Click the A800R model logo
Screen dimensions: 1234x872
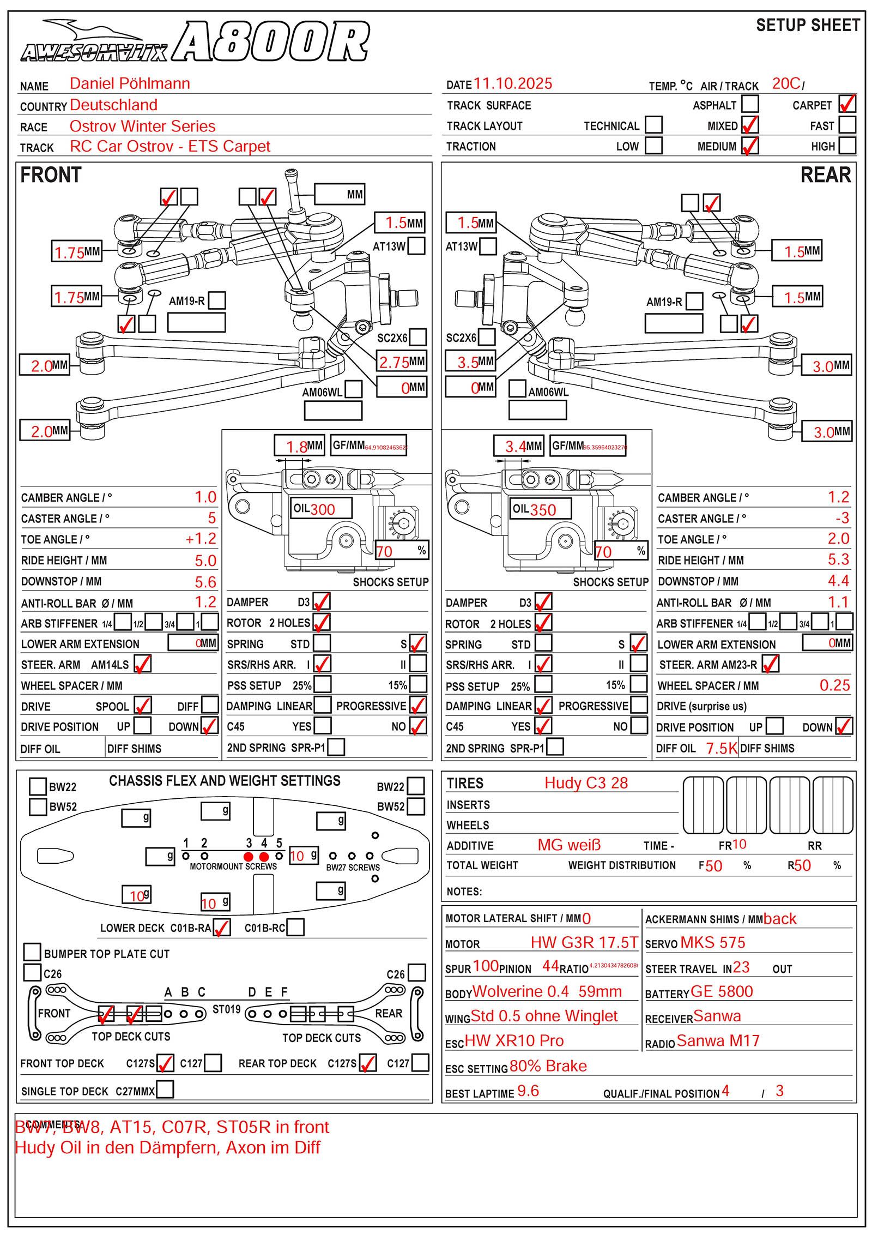(271, 41)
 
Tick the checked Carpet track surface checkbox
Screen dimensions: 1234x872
(847, 104)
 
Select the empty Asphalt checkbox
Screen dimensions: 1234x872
(750, 104)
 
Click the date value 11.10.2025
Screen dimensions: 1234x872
(512, 84)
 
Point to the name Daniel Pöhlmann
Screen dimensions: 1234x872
(130, 84)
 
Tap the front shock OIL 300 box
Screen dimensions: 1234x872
(321, 509)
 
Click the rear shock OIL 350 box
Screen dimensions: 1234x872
(541, 509)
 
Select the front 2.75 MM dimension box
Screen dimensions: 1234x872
(402, 362)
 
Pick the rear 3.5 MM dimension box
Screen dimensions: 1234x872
(470, 362)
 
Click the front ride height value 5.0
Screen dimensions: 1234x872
(205, 561)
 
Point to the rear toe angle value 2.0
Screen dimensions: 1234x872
(838, 539)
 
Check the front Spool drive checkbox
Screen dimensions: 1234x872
(143, 706)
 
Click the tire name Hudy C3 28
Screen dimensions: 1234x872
(586, 783)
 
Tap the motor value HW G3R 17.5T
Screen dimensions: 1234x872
(584, 942)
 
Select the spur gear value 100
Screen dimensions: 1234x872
(486, 966)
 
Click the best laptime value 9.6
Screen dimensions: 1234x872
(528, 1091)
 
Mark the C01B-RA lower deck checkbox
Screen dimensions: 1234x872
(222, 928)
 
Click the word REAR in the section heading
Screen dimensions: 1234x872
(825, 175)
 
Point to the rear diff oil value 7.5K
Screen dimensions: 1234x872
(721, 748)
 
